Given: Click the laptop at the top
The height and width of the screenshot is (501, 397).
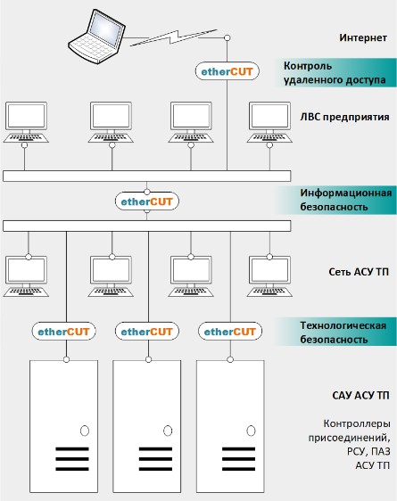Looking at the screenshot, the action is pos(96,37).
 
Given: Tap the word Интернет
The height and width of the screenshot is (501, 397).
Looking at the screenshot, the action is pos(363,37).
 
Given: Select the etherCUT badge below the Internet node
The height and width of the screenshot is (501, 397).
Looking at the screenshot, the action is pos(227,71).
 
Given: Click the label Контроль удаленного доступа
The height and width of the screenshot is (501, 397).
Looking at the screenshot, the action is pos(335,73).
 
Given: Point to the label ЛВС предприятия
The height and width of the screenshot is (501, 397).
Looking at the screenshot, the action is pos(344,117).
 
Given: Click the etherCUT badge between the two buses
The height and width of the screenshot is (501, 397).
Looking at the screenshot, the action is pos(146,201).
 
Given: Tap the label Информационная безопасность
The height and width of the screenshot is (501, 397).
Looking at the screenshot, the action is pos(346,200).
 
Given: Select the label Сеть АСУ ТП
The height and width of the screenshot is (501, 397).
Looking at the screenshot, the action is pos(359,272).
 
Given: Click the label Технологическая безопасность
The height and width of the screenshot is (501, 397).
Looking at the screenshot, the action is pos(343,333).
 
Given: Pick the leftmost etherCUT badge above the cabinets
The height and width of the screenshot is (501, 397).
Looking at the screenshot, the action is pos(63,332).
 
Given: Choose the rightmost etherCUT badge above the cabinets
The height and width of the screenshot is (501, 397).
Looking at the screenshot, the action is pos(230,332).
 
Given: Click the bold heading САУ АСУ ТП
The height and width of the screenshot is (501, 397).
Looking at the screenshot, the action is pos(361,396).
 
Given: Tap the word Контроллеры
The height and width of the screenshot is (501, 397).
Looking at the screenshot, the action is pos(357,423).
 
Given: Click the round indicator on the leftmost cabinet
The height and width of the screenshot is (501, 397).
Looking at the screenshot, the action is pos(85,431).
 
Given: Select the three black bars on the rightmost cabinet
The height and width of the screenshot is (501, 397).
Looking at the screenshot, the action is pos(238,459).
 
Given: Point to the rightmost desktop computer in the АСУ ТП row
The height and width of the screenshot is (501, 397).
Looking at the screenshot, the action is pos(269,276).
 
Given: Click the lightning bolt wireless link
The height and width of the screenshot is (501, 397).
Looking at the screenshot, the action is pos(174,37).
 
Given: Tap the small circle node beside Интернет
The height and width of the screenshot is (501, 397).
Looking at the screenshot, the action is pos(227,37).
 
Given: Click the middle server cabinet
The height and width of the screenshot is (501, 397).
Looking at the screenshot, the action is pos(146,426).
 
